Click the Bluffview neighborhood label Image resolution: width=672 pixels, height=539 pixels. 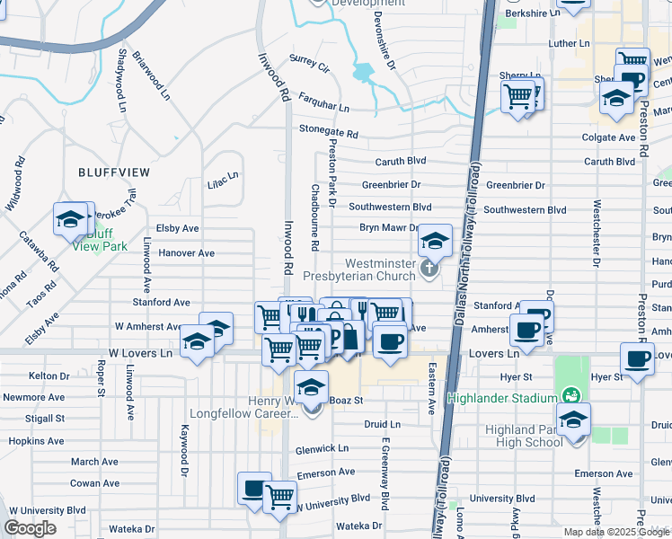pyautogui.click(x=113, y=172)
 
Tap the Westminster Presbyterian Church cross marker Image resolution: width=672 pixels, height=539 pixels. pyautogui.click(x=429, y=268)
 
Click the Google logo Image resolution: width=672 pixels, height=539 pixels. pyautogui.click(x=30, y=528)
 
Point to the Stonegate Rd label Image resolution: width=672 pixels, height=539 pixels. pyautogui.click(x=329, y=131)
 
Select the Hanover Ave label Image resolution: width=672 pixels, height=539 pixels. pyautogui.click(x=186, y=253)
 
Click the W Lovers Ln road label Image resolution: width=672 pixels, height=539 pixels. pyautogui.click(x=140, y=353)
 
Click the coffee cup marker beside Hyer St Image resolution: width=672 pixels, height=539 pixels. pyautogui.click(x=637, y=358)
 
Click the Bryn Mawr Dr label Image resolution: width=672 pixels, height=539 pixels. pyautogui.click(x=390, y=229)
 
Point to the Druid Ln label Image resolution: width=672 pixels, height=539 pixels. pyautogui.click(x=382, y=423)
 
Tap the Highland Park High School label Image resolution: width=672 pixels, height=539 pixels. pyautogui.click(x=524, y=436)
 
